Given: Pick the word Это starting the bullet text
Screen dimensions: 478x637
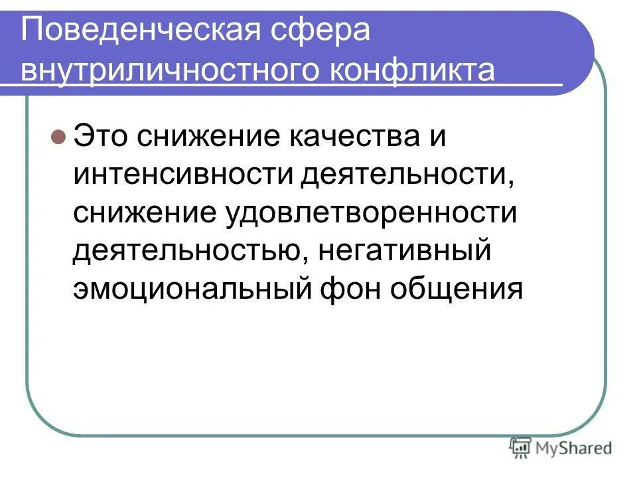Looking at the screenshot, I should coord(101,138).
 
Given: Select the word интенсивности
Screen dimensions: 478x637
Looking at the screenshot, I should coord(184,175).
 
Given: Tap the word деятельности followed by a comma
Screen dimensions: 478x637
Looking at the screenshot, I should coord(407,175).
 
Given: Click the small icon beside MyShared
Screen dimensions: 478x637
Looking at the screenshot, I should coord(522,448).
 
